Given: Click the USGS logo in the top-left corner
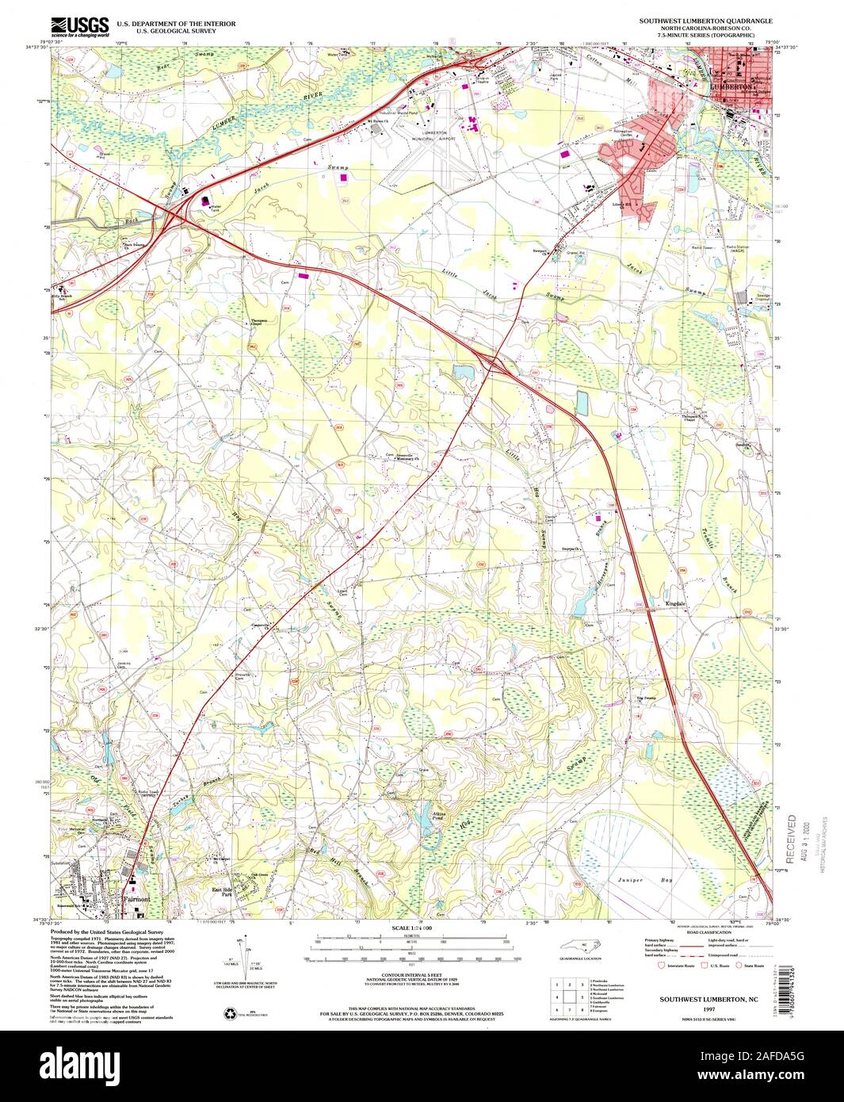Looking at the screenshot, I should click(x=80, y=29).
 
